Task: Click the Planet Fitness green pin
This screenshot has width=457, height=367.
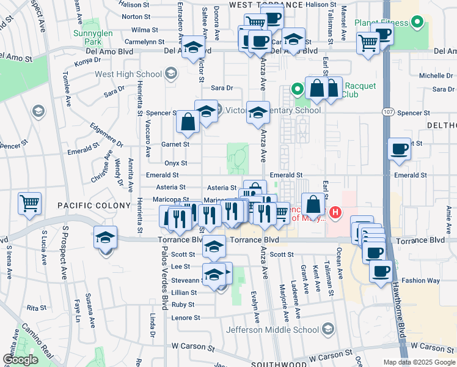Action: [417, 23]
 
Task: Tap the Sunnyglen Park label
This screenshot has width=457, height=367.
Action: [87, 39]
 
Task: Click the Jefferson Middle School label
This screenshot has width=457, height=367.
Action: [272, 330]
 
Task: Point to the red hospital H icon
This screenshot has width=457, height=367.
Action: [335, 213]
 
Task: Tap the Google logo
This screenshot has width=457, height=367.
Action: [20, 360]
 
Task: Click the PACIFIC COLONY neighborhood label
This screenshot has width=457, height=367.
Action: [94, 206]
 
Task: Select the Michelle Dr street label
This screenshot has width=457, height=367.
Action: [435, 76]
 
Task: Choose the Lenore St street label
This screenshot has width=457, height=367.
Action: [185, 318]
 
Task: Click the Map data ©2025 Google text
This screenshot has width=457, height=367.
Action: [419, 362]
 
